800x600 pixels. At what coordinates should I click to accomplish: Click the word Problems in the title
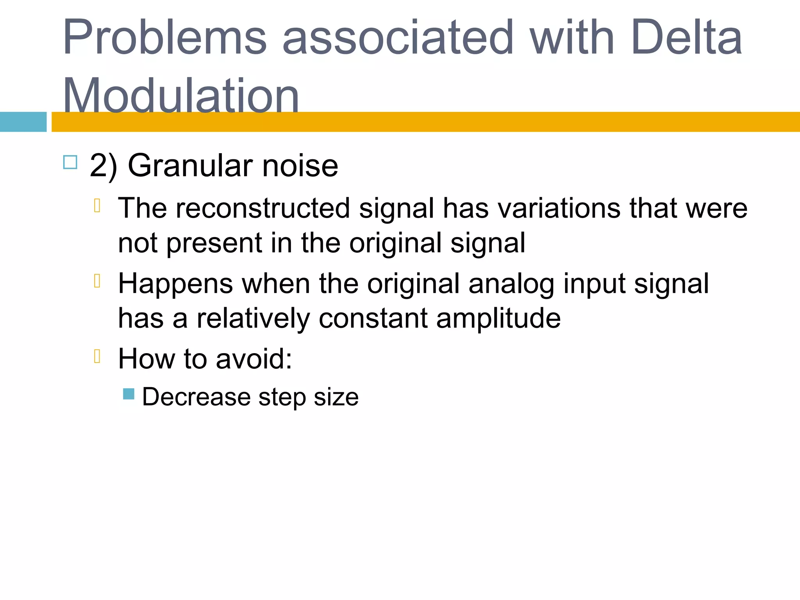[x=164, y=38]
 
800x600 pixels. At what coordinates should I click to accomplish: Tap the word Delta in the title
[x=686, y=38]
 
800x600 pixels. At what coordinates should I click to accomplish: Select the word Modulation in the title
[x=181, y=96]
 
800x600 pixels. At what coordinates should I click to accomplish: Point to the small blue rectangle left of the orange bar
[x=23, y=122]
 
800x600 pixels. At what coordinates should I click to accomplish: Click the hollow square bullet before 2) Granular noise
[x=70, y=162]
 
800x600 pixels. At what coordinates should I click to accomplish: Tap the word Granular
[x=190, y=166]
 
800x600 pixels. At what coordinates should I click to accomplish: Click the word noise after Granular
[x=300, y=166]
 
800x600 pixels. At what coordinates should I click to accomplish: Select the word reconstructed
[x=262, y=208]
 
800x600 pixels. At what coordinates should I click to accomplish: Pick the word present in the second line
[x=214, y=243]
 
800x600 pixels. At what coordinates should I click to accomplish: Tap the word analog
[x=511, y=284]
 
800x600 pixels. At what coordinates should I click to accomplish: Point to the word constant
[x=373, y=318]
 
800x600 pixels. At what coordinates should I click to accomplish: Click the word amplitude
[x=498, y=318]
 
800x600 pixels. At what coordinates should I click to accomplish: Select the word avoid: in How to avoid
[x=254, y=359]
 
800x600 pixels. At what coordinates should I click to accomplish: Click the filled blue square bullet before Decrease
[x=129, y=394]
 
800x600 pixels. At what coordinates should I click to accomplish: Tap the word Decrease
[x=196, y=397]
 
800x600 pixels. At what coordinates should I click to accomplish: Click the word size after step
[x=336, y=397]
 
